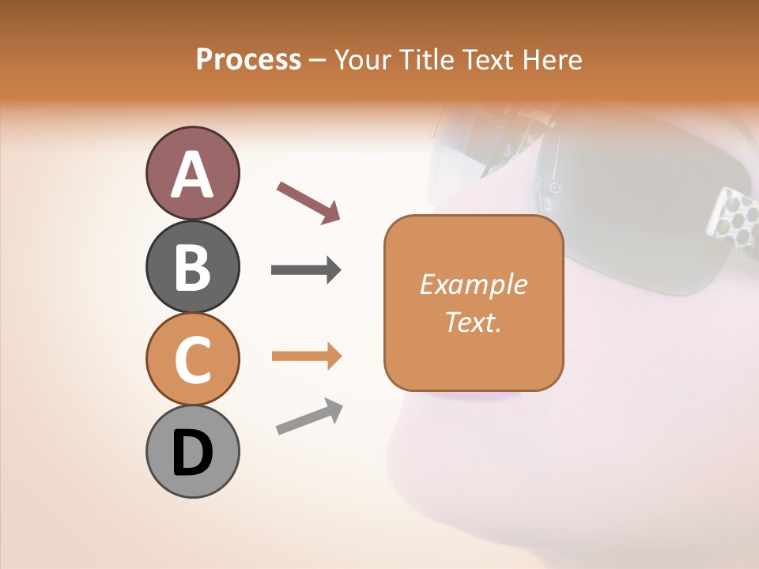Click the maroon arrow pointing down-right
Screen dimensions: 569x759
(x=308, y=202)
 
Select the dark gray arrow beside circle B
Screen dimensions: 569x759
(x=306, y=270)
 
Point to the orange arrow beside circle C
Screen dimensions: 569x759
(x=306, y=356)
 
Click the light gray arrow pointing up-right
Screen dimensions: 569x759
(x=309, y=416)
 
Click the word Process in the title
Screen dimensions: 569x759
(x=248, y=60)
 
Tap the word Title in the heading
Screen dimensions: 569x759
(x=428, y=60)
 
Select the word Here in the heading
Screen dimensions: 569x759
(x=551, y=60)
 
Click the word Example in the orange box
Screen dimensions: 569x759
(x=474, y=285)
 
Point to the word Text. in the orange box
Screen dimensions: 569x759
(x=474, y=322)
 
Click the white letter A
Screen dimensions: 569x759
(x=192, y=175)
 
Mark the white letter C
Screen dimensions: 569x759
(x=192, y=360)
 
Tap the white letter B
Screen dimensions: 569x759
(x=192, y=267)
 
